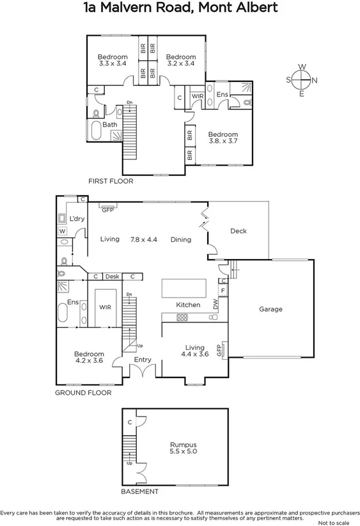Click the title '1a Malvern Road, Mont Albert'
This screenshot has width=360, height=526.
pos(180,8)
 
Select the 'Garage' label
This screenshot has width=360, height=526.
pos(270,309)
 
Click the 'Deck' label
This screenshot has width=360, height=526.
pos(238,231)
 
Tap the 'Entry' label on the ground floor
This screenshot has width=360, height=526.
pos(143,360)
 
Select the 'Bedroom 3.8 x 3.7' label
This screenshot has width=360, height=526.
pos(223,138)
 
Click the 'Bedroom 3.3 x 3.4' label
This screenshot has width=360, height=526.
pos(113,60)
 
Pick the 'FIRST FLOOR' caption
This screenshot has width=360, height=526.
pos(110,181)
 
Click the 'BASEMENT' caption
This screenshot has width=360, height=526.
pos(139,491)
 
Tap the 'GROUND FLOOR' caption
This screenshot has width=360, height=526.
pos(83,392)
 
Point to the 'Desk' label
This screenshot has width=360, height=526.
pos(113,276)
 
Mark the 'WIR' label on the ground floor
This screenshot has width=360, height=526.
pos(106,307)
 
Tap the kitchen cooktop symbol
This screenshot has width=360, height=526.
pos(182,317)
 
